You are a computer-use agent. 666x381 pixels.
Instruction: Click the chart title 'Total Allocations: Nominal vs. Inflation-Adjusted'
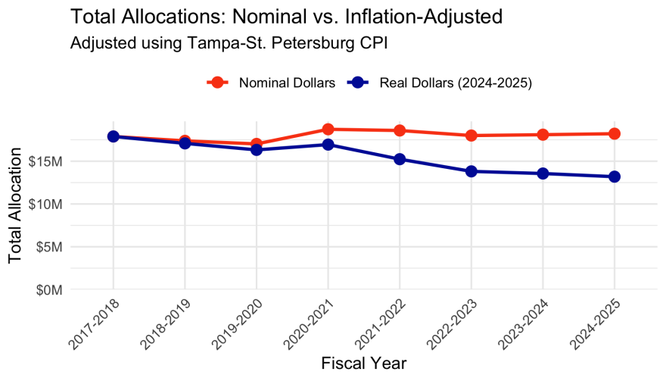[x=286, y=17]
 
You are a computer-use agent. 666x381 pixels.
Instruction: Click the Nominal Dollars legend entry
[x=273, y=83]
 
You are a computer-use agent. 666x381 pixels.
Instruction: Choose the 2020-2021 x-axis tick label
[x=310, y=321]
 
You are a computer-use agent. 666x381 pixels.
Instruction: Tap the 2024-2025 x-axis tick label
[x=596, y=321]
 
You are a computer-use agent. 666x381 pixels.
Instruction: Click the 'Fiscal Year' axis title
[x=363, y=363]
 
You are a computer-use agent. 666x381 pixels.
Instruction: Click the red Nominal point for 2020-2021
[x=328, y=129]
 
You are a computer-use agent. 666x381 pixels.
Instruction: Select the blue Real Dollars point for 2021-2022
[x=400, y=159]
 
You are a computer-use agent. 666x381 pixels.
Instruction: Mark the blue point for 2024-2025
[x=615, y=176]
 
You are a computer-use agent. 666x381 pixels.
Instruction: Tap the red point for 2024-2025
[x=615, y=133]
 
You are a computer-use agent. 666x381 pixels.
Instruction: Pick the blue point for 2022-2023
[x=471, y=171]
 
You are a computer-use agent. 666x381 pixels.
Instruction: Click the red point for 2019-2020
[x=257, y=144]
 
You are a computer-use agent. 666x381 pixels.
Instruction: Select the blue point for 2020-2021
[x=328, y=144]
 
